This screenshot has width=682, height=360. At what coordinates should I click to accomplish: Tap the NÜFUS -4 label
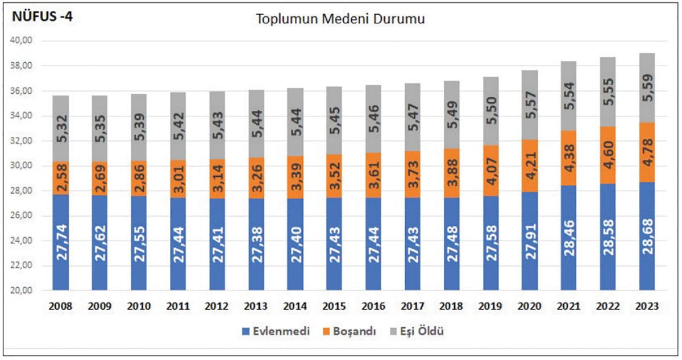(x=42, y=17)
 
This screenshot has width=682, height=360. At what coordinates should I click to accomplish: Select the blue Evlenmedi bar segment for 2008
(x=61, y=242)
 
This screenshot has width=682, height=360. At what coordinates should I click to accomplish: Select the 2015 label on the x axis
(x=334, y=307)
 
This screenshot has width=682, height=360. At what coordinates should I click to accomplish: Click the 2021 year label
(x=569, y=307)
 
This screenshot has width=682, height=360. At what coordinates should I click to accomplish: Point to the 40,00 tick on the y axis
(x=23, y=41)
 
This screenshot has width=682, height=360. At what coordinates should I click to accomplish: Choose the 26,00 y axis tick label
(x=23, y=216)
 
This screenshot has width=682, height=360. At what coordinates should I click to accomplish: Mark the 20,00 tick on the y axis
(x=23, y=291)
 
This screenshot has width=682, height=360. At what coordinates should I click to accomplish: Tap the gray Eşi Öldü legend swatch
(x=394, y=331)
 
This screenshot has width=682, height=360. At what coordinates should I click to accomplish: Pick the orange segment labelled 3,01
(x=178, y=179)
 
